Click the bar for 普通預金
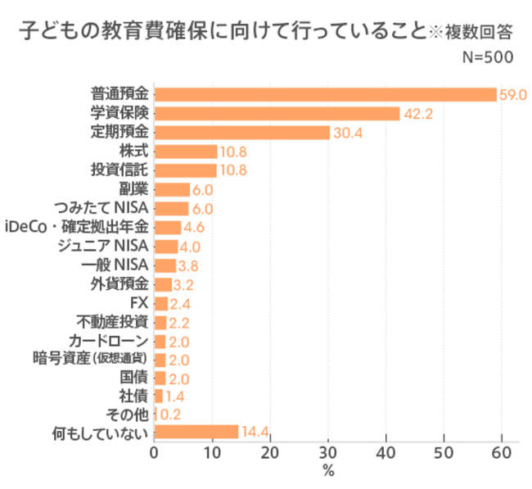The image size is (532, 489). tap(325, 94)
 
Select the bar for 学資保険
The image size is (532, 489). tap(277, 113)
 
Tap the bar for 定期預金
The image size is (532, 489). tap(241, 133)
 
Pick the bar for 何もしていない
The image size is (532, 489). tap(196, 432)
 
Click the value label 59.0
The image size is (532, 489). tap(512, 94)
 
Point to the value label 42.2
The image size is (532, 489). tap(417, 114)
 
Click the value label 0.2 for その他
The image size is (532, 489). tap(169, 414)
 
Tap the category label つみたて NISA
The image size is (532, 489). tap(101, 208)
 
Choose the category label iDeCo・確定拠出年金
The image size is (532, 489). tap(77, 227)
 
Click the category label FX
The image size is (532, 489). tap(138, 303)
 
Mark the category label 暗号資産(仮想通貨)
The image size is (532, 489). tap(90, 360)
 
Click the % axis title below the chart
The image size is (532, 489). tap(328, 471)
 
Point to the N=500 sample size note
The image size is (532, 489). tap(487, 57)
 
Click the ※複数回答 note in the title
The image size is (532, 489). tap(471, 34)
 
